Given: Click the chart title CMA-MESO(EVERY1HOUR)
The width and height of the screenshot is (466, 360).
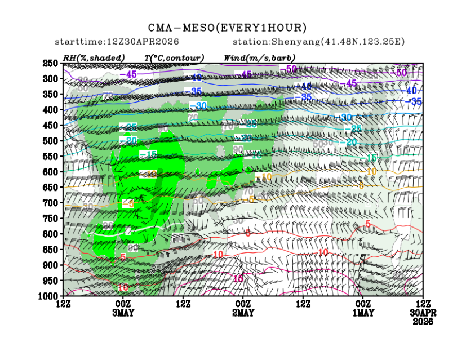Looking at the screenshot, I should coord(228,28).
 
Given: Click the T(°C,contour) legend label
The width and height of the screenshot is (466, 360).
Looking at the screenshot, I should coord(174,57).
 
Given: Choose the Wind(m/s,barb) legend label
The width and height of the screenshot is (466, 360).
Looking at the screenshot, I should coord(259,57).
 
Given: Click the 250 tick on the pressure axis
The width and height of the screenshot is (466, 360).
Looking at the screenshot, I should coord(51,63).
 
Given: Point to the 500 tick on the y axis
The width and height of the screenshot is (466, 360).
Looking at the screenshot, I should coord(51,140).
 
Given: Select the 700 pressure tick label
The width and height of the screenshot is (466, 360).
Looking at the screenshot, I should coord(51,202).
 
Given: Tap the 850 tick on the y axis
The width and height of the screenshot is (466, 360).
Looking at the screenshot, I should coord(51,249).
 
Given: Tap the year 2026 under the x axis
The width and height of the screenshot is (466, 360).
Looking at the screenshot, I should coord(423,322).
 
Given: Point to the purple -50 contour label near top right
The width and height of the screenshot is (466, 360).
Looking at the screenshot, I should coord(401,73).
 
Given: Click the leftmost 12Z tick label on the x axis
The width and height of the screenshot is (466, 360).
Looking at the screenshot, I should coord(63,304).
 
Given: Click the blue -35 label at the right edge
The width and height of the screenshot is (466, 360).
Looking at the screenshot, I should coord(416,101).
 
